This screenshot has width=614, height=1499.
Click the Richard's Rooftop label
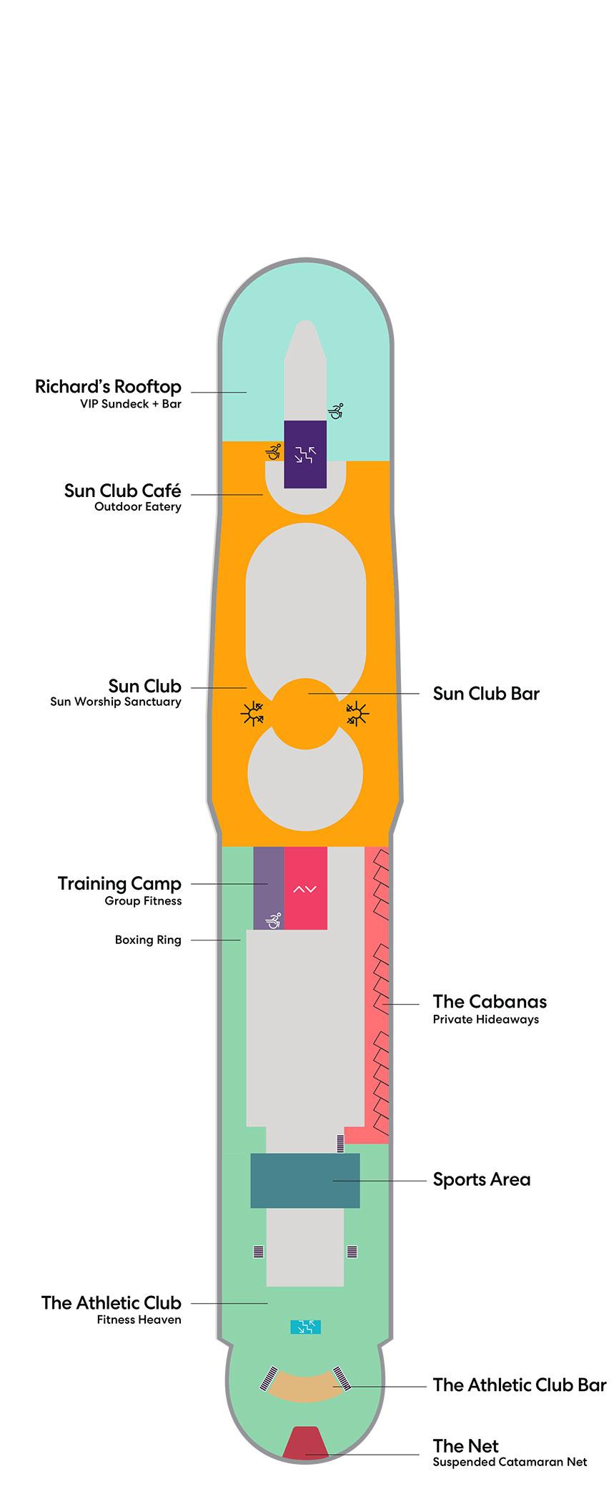click(108, 387)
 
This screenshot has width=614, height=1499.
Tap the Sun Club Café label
click(122, 491)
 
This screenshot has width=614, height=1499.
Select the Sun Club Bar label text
click(486, 694)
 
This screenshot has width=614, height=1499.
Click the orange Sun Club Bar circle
click(306, 714)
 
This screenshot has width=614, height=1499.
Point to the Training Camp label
click(119, 884)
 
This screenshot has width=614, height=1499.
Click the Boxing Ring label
click(148, 940)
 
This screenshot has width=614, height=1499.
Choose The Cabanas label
click(490, 1001)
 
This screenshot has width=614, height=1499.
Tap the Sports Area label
click(482, 1179)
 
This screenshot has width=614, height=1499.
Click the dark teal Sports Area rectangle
click(305, 1180)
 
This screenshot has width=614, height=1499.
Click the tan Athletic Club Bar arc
click(305, 1388)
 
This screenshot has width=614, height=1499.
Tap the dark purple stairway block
click(305, 454)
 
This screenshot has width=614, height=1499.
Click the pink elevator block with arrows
click(305, 888)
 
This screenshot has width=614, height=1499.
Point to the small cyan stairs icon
click(305, 1327)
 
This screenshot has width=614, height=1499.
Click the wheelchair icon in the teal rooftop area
click(336, 411)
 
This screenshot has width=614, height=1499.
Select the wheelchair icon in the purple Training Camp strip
click(274, 920)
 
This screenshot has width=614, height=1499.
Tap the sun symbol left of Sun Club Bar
click(252, 714)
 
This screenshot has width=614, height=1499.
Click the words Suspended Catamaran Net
click(510, 1462)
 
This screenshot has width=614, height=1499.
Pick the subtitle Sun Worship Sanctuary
click(116, 702)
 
